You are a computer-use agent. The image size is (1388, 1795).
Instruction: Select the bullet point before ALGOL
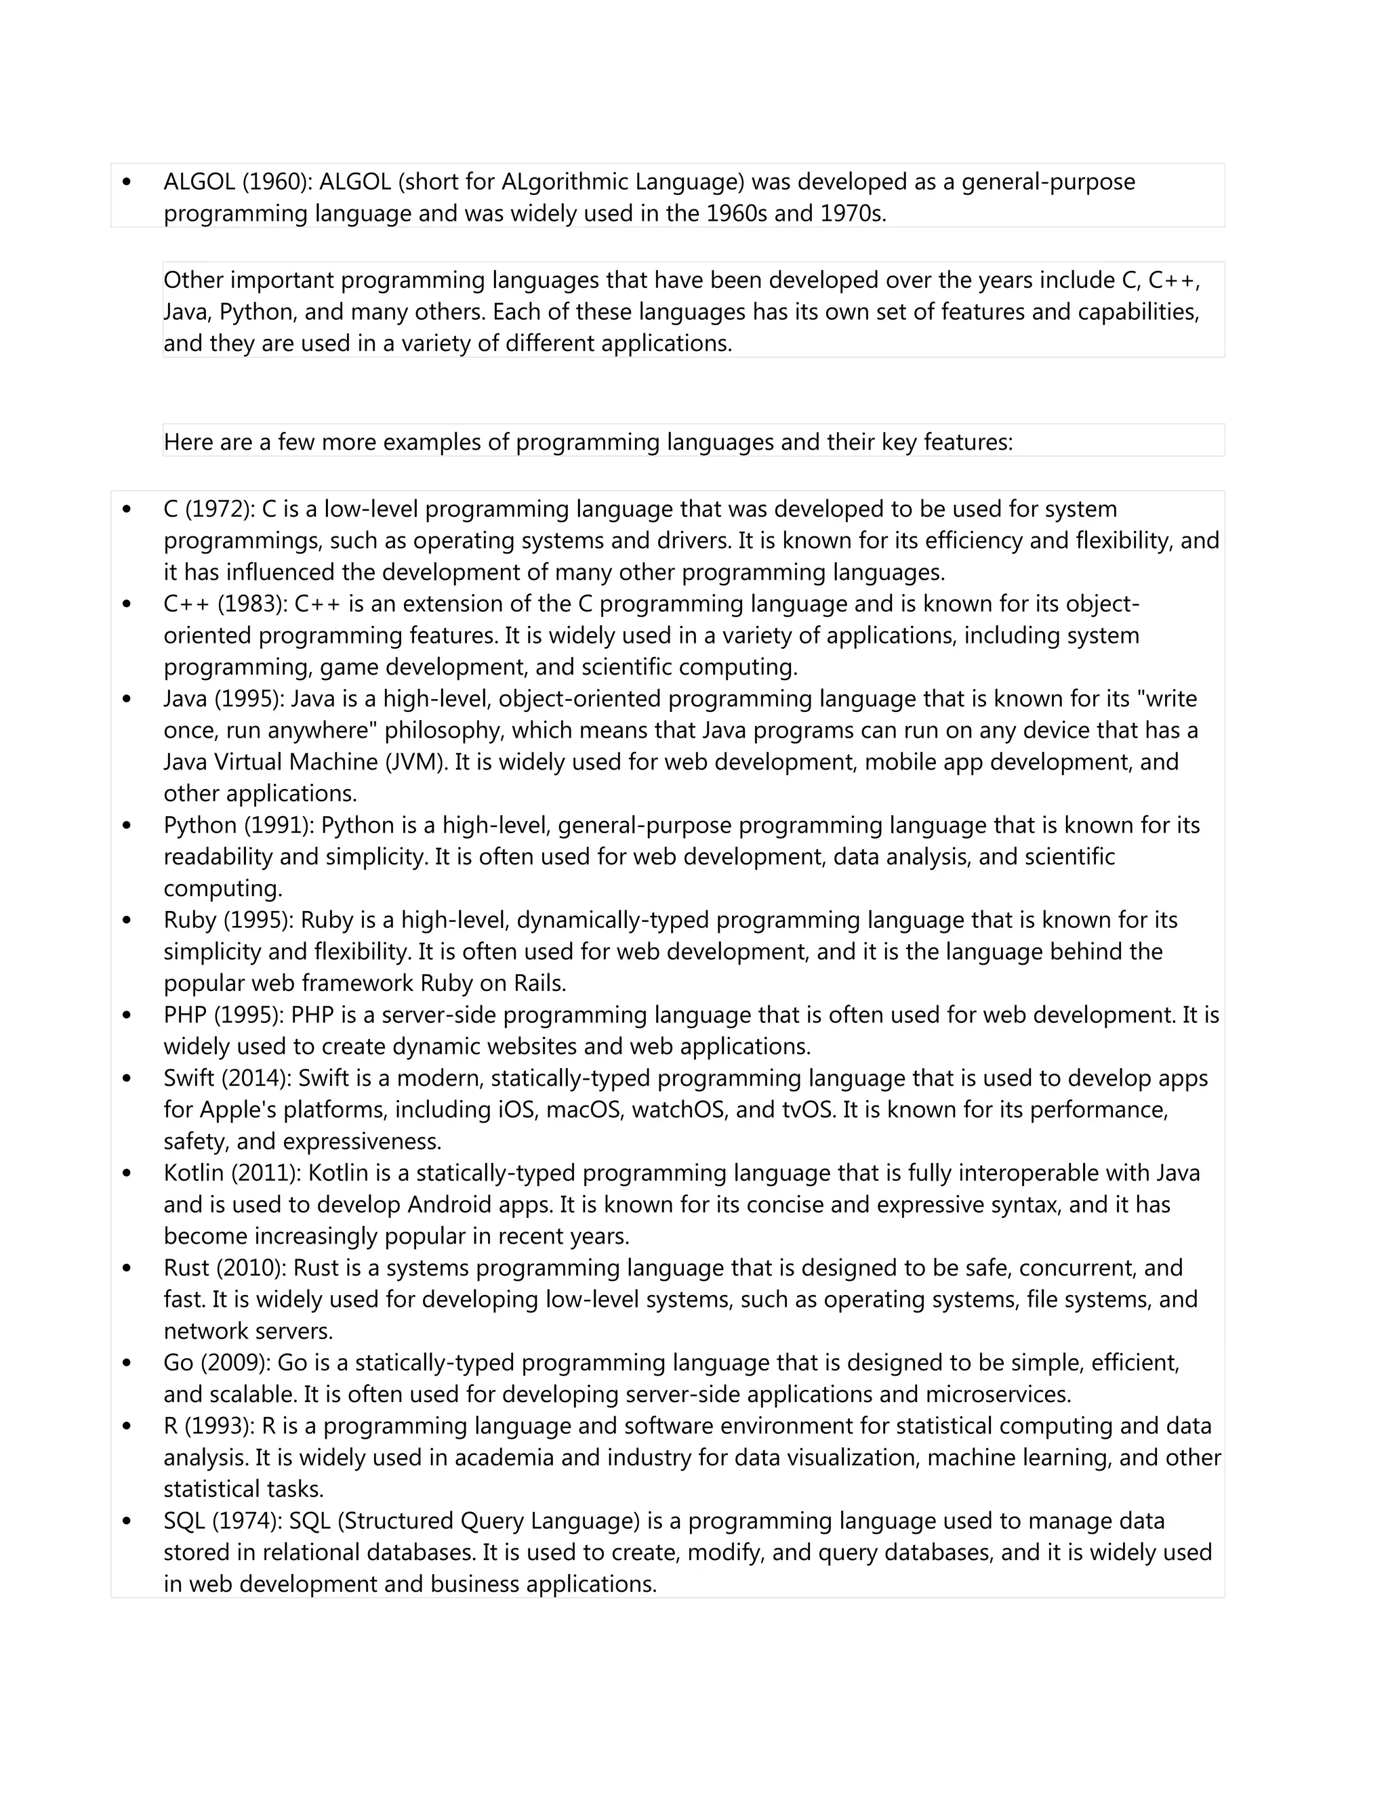[x=127, y=182]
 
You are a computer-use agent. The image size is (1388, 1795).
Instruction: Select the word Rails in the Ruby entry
[x=539, y=983]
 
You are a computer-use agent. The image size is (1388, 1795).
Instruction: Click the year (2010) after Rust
[x=250, y=1267]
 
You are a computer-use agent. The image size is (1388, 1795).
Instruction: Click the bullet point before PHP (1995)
[x=127, y=1015]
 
